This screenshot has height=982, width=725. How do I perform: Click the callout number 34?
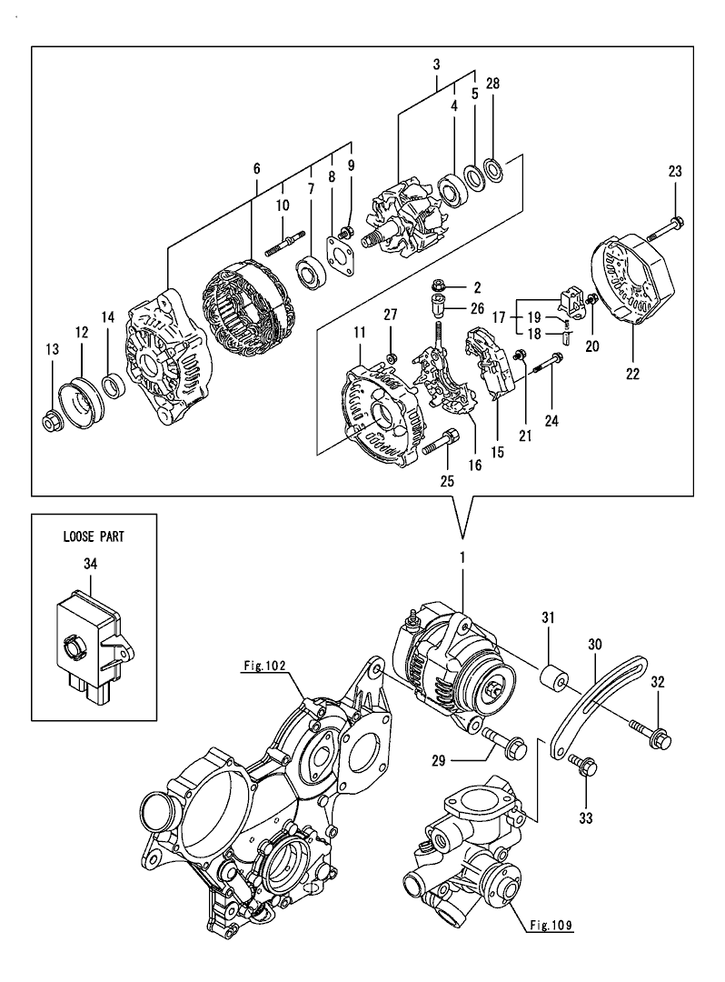coord(90,565)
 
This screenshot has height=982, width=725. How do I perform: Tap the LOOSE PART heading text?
coord(93,536)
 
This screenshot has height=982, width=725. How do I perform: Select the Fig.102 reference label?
coord(264,666)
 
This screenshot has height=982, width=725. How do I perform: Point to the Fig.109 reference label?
coord(551,927)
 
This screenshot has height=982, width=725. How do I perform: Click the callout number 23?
coord(675,170)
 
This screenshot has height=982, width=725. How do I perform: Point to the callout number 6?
coord(257,169)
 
